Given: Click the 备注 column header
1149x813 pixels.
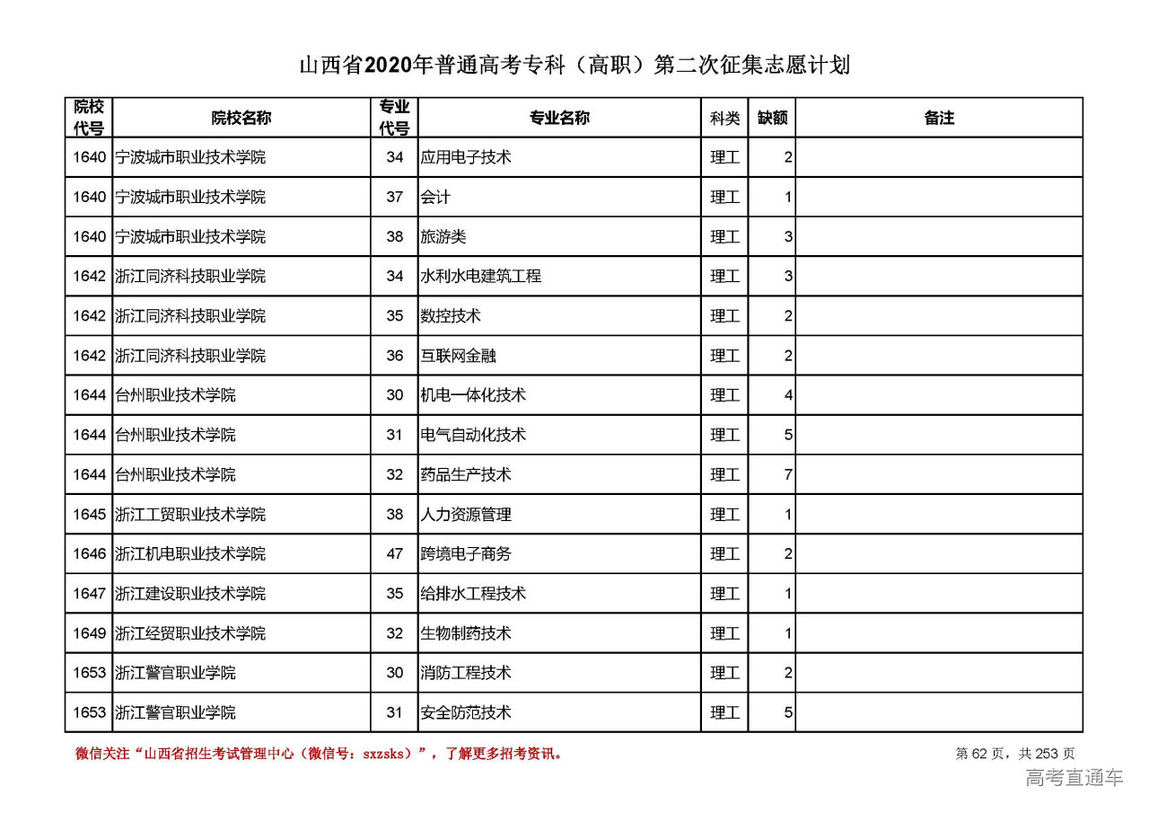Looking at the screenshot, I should [939, 118].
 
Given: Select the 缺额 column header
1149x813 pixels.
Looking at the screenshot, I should [772, 118].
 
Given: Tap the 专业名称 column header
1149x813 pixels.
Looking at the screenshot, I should [559, 118].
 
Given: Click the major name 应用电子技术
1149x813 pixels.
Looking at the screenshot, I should [466, 157].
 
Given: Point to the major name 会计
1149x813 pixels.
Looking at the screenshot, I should [435, 197].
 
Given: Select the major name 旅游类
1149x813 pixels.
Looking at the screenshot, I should [443, 237].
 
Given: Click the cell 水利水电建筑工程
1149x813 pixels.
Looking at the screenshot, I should [481, 277].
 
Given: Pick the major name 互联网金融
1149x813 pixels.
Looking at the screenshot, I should [459, 356].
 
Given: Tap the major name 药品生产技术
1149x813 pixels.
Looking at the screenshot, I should [466, 474].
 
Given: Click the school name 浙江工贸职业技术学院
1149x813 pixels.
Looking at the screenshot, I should [190, 515].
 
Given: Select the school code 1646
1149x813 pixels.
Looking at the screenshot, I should [90, 554].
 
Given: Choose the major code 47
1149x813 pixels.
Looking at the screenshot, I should [395, 554].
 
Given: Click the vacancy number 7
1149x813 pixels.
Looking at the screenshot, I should [788, 474].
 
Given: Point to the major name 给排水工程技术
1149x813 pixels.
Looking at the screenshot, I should [473, 594].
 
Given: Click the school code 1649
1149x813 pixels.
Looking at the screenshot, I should [90, 633].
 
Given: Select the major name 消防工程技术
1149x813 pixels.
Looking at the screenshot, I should [466, 673].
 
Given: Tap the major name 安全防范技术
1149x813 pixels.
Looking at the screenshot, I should [466, 712].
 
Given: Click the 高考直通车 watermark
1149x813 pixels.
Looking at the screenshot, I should [1074, 778].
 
